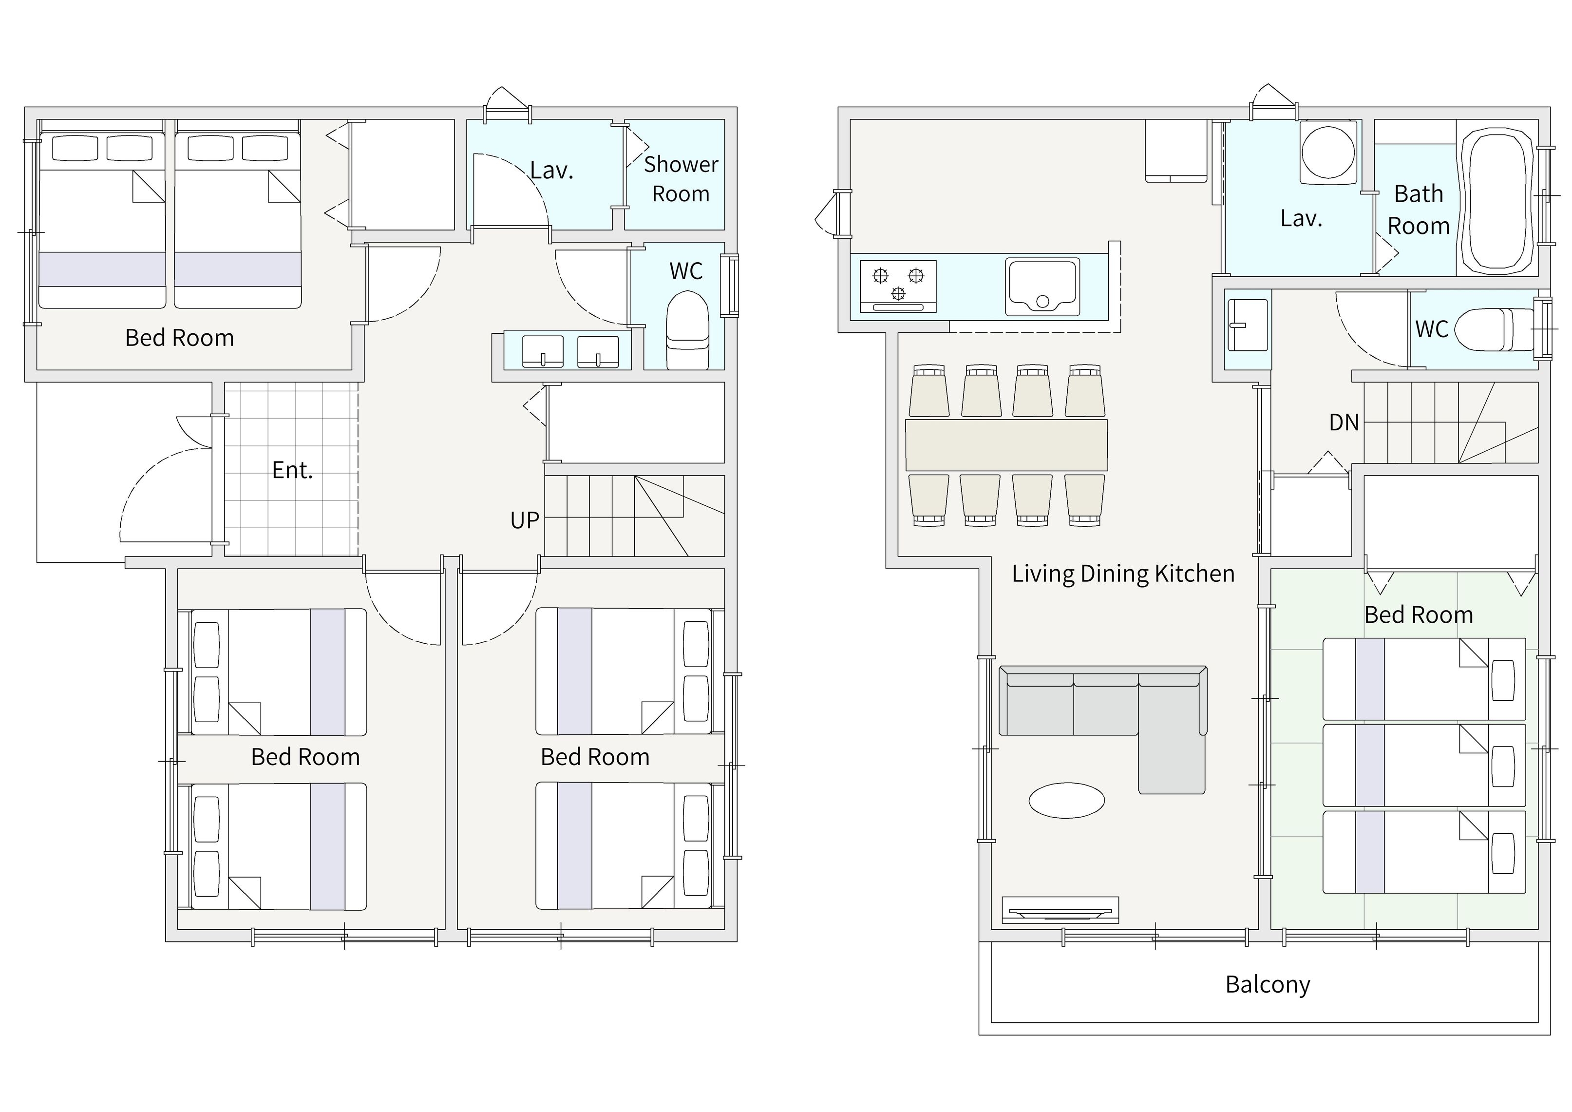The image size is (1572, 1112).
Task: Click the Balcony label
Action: coord(1268,985)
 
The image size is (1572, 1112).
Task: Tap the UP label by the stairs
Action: coord(525,520)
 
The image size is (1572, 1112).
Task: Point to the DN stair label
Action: coord(1344,422)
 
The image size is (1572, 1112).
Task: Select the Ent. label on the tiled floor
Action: coord(292,470)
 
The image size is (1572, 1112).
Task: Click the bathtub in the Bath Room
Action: coord(1496,202)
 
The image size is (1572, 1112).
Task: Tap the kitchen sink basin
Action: coord(1042,286)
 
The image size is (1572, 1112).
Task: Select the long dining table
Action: coord(1006,444)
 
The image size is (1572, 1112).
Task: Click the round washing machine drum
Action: coord(1328,152)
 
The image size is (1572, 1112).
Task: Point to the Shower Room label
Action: coord(681,179)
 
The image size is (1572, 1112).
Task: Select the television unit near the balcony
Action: coord(1060,910)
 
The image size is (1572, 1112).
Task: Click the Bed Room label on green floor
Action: coord(1419,615)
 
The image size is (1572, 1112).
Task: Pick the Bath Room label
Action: coord(1418,210)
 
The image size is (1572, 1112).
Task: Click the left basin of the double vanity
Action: coord(543,351)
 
